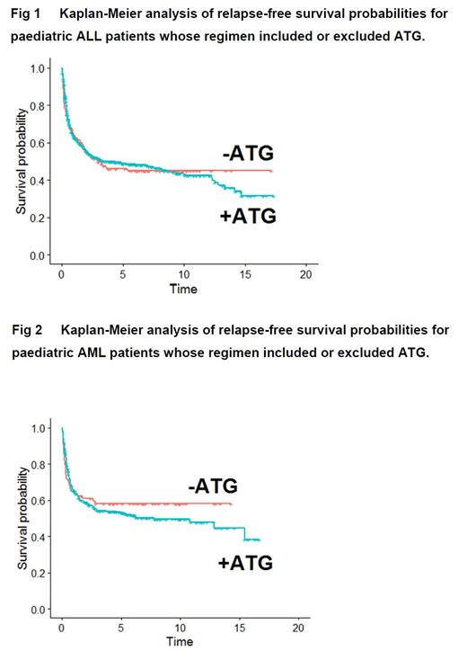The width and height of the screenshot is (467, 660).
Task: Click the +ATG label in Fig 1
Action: (x=248, y=217)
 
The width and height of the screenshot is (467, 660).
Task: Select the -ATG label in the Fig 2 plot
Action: (x=213, y=486)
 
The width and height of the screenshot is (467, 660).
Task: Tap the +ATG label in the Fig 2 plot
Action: (x=245, y=564)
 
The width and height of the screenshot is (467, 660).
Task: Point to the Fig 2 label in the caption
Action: (x=26, y=330)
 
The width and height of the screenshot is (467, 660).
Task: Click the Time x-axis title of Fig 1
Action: (x=183, y=289)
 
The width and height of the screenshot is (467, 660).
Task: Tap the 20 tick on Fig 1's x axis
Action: (x=306, y=273)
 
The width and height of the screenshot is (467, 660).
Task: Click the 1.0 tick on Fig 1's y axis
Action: (x=38, y=69)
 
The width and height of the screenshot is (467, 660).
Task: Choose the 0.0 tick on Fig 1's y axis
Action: (x=38, y=255)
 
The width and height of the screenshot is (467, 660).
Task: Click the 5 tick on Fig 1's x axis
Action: (x=122, y=273)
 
